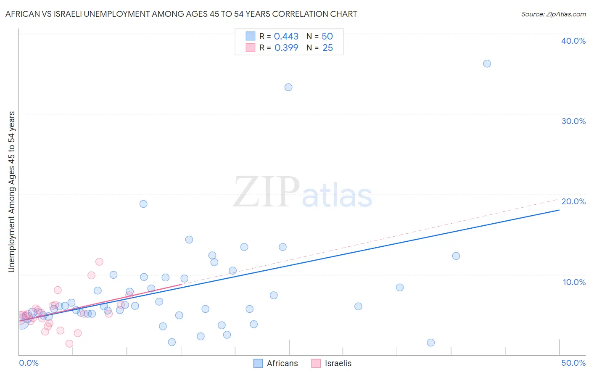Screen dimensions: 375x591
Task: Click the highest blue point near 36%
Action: point(487,63)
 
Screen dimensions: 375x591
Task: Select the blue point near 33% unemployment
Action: point(288,87)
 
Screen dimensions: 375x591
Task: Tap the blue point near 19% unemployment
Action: point(143,204)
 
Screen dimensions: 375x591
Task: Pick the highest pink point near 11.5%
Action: point(99,261)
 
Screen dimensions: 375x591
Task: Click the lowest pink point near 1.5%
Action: point(69,343)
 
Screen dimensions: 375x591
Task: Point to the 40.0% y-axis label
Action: point(573,41)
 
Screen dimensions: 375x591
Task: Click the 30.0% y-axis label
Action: point(573,121)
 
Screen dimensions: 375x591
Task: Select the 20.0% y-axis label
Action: point(573,201)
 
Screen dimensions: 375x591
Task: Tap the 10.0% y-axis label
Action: point(574,282)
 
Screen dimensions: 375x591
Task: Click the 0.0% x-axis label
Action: point(29,363)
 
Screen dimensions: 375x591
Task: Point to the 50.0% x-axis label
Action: point(573,363)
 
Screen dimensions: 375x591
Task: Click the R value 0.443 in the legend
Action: point(286,37)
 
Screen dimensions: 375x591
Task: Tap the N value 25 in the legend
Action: point(327,48)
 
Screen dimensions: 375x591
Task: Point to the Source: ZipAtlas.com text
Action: point(553,14)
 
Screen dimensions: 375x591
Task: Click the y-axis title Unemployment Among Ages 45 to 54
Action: point(12,191)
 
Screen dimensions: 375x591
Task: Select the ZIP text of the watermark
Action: point(266,193)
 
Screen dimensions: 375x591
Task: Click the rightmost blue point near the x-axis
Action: point(430,343)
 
